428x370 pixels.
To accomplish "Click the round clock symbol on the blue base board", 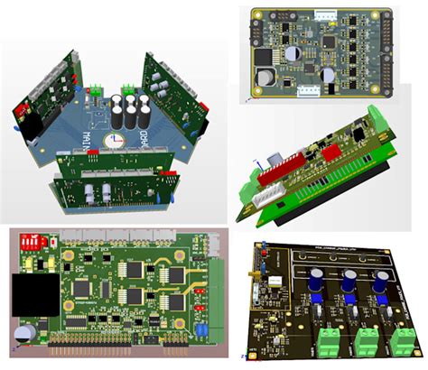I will (114, 141).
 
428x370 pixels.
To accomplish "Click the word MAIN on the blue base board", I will (90, 134).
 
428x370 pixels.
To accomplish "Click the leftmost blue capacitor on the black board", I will (318, 282).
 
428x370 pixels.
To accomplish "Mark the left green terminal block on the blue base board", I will (94, 89).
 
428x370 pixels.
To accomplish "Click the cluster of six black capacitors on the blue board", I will (132, 104).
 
